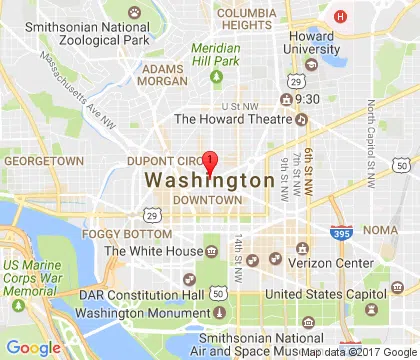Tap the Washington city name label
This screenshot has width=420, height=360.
click(209, 181)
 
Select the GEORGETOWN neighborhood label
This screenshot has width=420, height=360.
click(44, 160)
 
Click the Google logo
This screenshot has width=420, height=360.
click(33, 347)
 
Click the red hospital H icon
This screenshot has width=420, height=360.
click(341, 16)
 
